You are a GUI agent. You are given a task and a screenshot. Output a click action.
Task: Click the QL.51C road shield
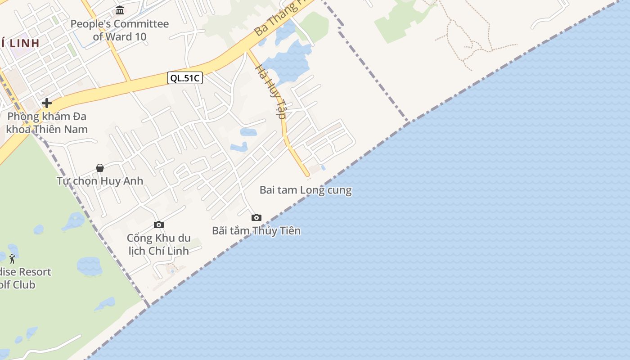click(185, 78)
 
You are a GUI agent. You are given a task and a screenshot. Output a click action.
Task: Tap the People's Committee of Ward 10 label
click(120, 30)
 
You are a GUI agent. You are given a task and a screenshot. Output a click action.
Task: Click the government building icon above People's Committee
click(120, 10)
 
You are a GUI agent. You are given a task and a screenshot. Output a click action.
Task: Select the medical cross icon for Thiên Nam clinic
click(46, 103)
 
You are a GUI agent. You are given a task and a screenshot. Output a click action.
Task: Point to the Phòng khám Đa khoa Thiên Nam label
click(47, 123)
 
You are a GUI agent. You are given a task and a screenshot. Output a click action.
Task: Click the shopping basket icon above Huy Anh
click(100, 168)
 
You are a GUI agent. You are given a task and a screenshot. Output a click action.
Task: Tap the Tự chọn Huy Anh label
click(100, 181)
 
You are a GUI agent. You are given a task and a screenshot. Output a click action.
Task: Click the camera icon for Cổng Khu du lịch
click(158, 225)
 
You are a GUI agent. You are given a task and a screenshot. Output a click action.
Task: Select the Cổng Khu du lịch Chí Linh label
click(158, 244)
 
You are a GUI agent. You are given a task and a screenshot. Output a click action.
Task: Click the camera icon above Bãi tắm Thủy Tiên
click(256, 218)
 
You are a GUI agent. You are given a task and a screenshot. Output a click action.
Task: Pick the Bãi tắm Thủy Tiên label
click(256, 231)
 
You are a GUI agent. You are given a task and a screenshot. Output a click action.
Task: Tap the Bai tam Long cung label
click(306, 190)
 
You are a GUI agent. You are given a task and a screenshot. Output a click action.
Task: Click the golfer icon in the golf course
click(12, 259)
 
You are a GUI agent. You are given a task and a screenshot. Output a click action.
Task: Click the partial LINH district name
click(20, 43)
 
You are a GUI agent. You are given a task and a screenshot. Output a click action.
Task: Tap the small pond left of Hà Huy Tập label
click(248, 132)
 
